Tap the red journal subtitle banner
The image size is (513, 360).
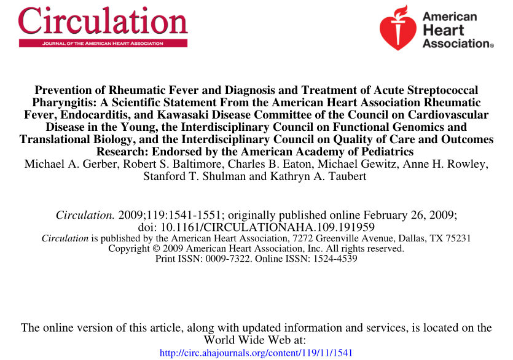(x=103, y=44)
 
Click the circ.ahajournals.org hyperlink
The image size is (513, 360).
(x=256, y=353)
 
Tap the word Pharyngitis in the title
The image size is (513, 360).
(x=62, y=103)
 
